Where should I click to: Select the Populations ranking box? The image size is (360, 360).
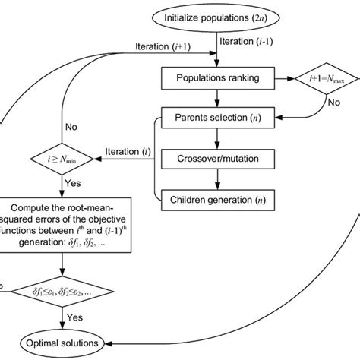coord(218,77)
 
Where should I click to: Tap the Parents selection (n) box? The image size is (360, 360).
coord(218,118)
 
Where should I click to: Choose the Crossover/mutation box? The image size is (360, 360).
coord(218,160)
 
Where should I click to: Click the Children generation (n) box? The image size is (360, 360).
coord(218,201)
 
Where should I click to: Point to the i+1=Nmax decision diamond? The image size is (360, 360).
coord(325,77)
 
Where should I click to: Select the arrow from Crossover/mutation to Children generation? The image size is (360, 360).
coord(218,181)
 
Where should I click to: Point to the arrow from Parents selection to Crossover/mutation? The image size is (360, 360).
coord(218,139)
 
